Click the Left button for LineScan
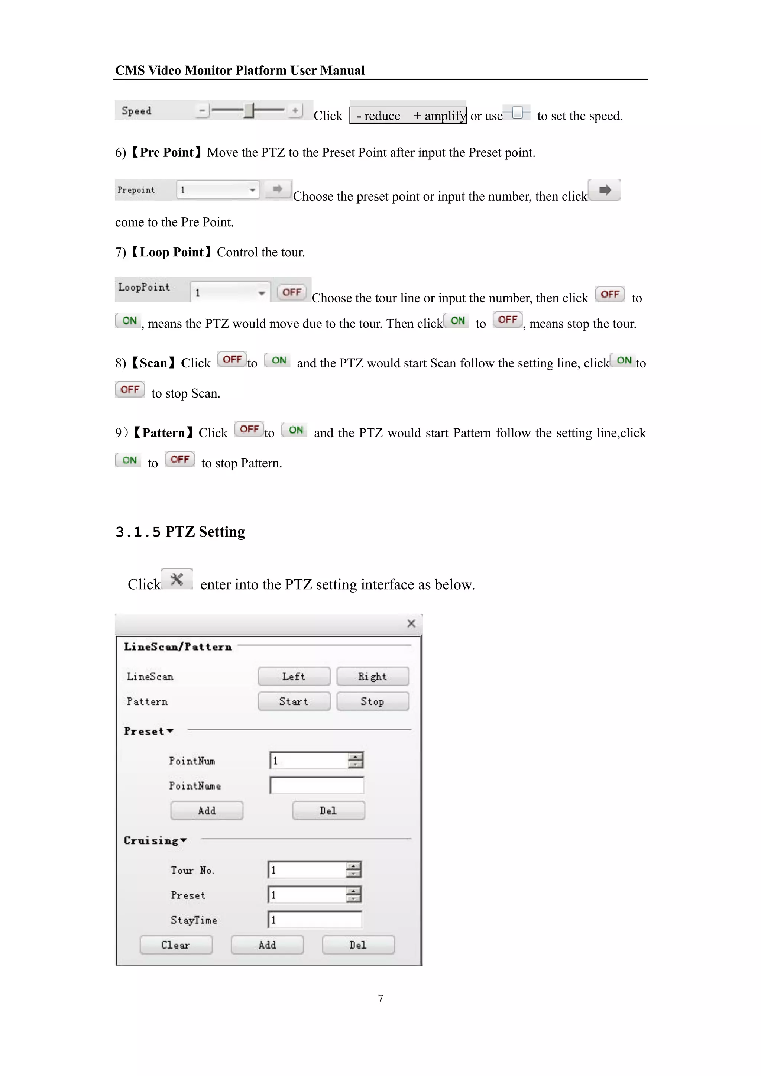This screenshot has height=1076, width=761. tap(294, 676)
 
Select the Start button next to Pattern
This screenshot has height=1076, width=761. tap(294, 701)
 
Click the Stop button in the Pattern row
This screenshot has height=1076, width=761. tap(373, 701)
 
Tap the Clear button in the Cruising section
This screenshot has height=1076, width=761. tap(176, 945)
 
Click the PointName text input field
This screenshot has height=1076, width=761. tap(317, 785)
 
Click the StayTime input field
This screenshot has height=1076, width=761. tap(315, 920)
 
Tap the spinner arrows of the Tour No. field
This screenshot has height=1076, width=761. tap(354, 870)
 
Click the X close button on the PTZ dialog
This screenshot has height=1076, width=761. tap(411, 624)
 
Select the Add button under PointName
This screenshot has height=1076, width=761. tap(207, 811)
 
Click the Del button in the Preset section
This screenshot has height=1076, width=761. tap(328, 811)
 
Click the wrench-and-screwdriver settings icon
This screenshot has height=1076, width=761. tap(177, 579)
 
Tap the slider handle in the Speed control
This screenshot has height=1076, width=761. tap(249, 111)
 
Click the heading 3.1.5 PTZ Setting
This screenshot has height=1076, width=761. tap(181, 532)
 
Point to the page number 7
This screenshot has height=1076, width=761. tap(380, 999)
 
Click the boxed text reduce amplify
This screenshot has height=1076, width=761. tap(408, 115)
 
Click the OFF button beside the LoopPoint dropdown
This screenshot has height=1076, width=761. tap(291, 292)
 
